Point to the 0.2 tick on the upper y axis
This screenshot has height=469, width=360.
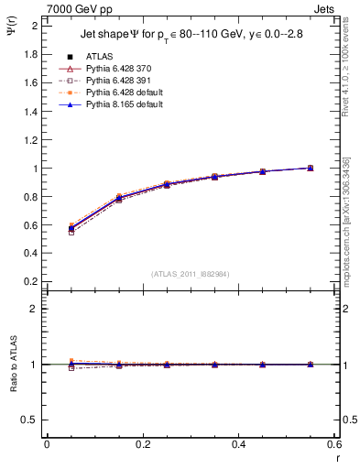(x=31, y=283)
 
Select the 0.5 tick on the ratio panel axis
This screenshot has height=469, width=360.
(x=31, y=420)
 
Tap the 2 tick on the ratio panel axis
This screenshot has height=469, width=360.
(x=35, y=309)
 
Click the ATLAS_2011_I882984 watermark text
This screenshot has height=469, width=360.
(x=190, y=274)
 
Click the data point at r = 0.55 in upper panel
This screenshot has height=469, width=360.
(x=311, y=168)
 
